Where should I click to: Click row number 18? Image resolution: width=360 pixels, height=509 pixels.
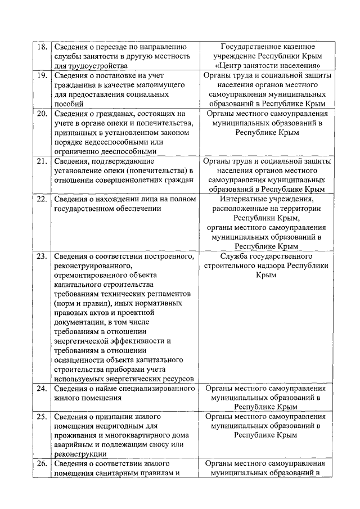click(41, 47)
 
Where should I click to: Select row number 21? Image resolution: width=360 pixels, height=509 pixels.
click(41, 161)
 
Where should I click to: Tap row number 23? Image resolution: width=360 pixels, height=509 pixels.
click(41, 256)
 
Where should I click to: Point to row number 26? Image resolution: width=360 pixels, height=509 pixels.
click(41, 463)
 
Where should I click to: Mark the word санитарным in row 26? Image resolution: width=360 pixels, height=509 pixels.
click(120, 473)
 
